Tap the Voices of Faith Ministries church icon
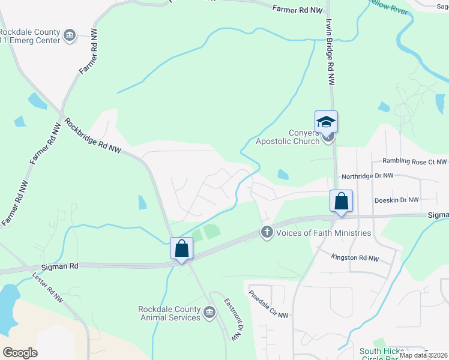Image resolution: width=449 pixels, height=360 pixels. tap(267, 232)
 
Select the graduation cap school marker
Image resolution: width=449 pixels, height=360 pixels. tap(327, 122)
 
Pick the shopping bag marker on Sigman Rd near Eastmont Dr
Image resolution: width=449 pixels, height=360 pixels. tap(181, 248)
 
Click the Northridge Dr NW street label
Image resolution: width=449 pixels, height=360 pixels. tap(367, 176)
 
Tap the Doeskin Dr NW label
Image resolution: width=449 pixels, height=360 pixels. tap(396, 200)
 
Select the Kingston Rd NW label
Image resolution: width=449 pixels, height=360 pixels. tap(355, 258)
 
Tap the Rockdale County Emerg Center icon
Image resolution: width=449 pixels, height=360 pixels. tap(70, 35)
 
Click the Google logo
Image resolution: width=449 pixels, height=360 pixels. tap(20, 353)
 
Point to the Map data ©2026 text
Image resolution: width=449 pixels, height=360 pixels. tap(423, 355)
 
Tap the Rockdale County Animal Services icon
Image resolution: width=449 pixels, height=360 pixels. tap(209, 312)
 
